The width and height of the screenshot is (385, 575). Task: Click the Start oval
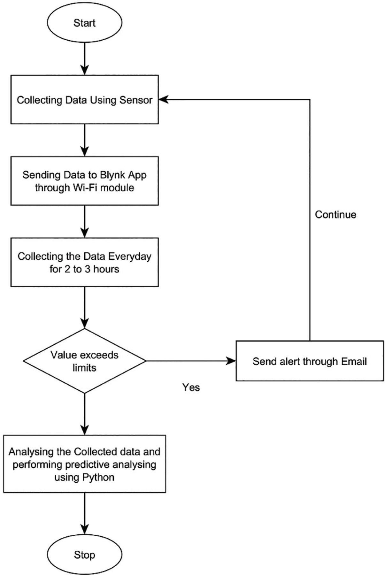coord(84,23)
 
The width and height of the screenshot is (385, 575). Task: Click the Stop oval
coord(84,555)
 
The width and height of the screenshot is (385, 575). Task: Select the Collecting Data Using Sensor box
coord(84,100)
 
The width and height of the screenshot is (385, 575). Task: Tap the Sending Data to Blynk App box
coord(84,181)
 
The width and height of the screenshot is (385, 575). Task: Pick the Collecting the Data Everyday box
coord(84,262)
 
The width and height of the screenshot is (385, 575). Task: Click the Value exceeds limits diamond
coord(84,361)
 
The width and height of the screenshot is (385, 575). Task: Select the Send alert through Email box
coord(310,361)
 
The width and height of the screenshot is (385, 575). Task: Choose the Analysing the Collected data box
coord(84,464)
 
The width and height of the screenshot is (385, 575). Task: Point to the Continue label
coord(335,214)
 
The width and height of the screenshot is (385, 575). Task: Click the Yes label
coord(191,387)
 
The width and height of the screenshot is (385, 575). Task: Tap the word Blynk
coord(113,175)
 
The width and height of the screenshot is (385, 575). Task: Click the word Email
coord(354,361)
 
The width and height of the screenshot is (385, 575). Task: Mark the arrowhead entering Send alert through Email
coord(231,361)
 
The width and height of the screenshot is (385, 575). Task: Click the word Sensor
coord(136,100)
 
